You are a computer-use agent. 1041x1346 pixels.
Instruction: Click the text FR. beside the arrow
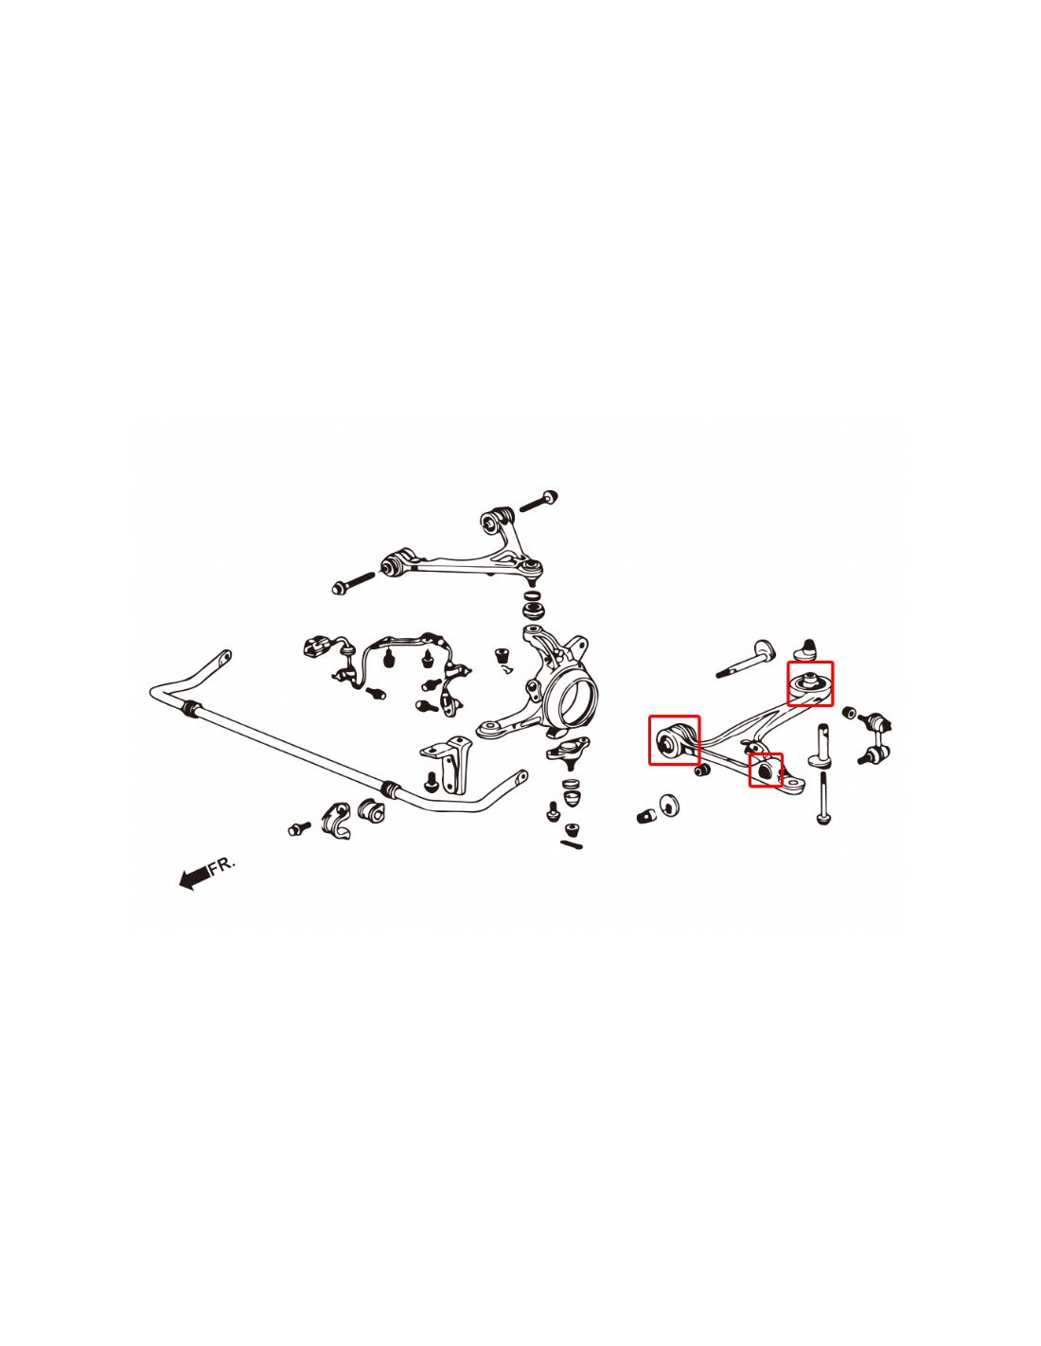pos(222,865)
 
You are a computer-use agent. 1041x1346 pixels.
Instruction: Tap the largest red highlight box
pos(674,739)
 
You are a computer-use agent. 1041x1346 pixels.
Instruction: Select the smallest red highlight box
pos(766,770)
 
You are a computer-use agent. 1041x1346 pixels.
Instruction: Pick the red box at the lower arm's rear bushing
pos(810,683)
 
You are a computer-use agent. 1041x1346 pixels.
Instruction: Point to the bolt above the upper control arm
pos(538,500)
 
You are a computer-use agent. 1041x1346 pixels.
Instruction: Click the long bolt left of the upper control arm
pos(353,582)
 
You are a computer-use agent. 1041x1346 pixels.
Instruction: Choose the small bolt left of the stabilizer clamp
pos(300,827)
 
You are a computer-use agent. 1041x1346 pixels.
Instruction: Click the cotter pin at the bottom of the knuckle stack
pos(571,843)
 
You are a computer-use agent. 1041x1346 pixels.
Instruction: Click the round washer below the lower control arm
pos(669,806)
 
